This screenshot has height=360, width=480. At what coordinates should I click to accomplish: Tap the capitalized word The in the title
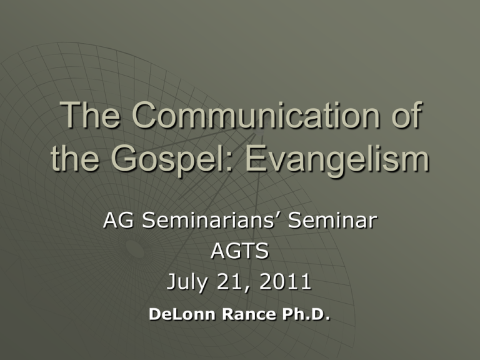pyautogui.click(x=90, y=115)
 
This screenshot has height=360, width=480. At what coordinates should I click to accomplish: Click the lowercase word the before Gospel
pyautogui.click(x=75, y=158)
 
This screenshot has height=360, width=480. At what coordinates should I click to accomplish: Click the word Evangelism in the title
pyautogui.click(x=337, y=160)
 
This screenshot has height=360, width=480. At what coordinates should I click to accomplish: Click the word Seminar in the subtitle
pyautogui.click(x=332, y=220)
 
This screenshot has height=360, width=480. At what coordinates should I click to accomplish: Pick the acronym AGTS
pyautogui.click(x=240, y=251)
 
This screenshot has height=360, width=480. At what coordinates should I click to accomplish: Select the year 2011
pyautogui.click(x=285, y=281)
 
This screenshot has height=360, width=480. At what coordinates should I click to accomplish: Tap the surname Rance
pyautogui.click(x=249, y=314)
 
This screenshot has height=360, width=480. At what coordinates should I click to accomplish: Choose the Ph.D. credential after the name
pyautogui.click(x=306, y=314)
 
